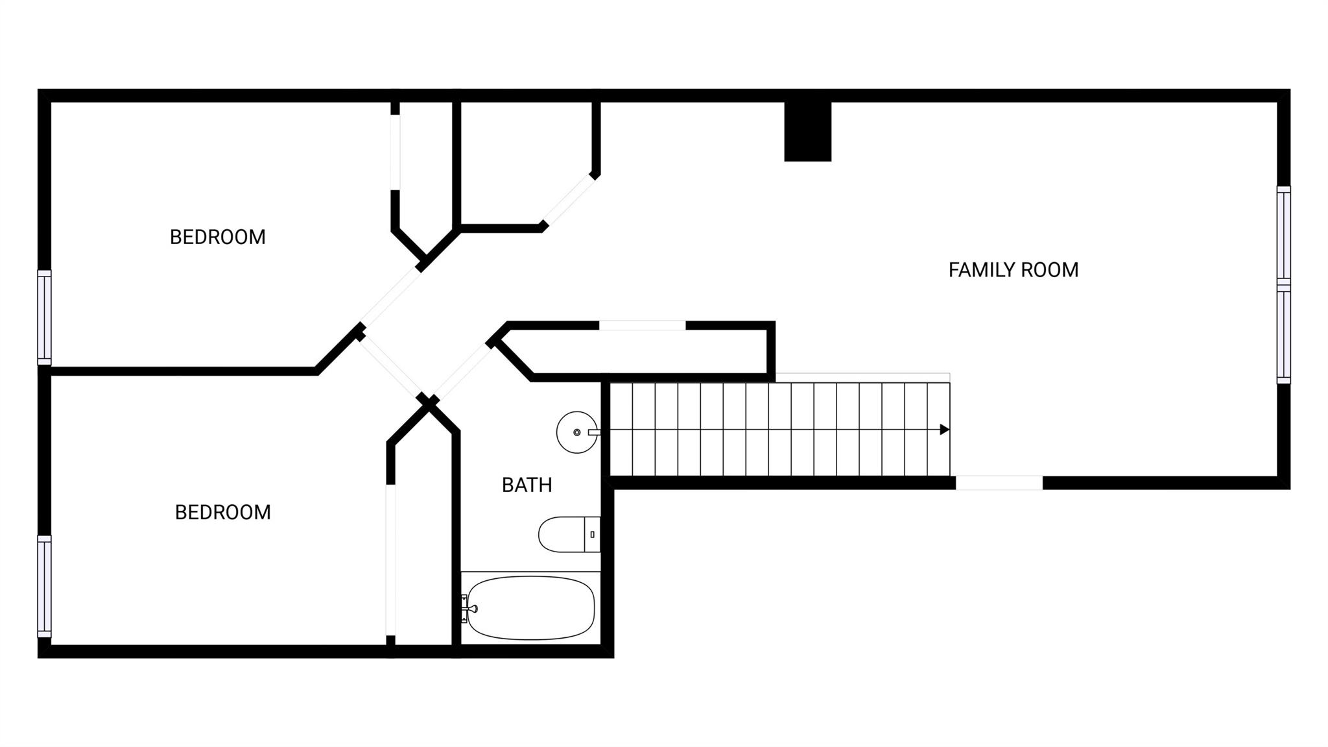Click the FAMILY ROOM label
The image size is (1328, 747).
[1013, 270]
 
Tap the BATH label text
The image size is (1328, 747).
[527, 485]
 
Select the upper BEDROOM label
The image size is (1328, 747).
[217, 238]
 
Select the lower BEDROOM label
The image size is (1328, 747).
[222, 513]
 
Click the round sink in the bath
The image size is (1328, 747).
[576, 432]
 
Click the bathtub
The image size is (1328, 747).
[531, 608]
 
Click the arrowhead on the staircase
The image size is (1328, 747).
[945, 430]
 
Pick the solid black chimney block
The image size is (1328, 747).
[807, 132]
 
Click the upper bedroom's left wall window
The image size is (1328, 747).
[44, 317]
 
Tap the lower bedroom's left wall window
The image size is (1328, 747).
[44, 586]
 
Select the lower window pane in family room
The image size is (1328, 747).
[1283, 336]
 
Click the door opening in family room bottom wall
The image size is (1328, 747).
[999, 483]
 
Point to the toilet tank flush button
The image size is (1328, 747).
[592, 534]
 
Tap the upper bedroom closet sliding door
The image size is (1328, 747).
[395, 152]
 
